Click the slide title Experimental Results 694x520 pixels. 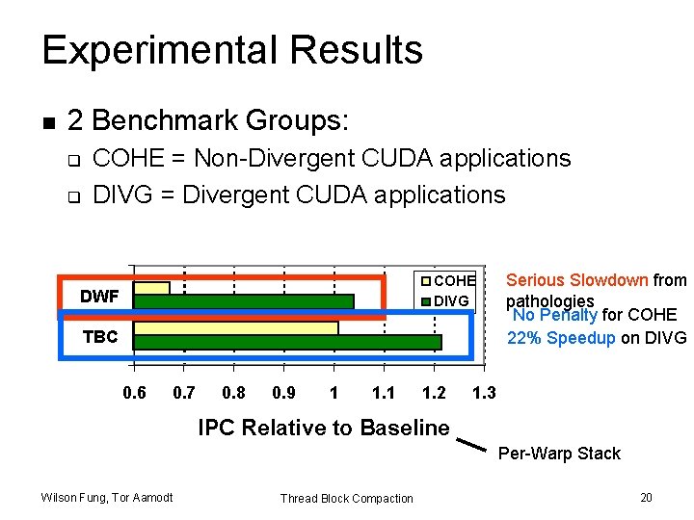click(x=232, y=50)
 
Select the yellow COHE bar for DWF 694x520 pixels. click(x=151, y=288)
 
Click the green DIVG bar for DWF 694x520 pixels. click(x=243, y=301)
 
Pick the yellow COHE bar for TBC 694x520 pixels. click(x=235, y=328)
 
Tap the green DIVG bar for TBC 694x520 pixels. click(x=286, y=342)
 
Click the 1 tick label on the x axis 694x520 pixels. click(x=334, y=393)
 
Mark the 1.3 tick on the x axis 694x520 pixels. click(x=484, y=393)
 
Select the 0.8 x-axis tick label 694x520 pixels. click(x=233, y=393)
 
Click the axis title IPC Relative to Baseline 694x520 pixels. click(x=324, y=428)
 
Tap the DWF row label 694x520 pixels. click(x=99, y=297)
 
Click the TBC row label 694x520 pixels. click(x=100, y=337)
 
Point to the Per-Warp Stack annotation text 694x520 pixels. click(x=559, y=454)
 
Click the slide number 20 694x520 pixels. click(x=646, y=497)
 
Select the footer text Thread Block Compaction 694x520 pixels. click(x=346, y=498)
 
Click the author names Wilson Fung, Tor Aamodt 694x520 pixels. click(x=107, y=497)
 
